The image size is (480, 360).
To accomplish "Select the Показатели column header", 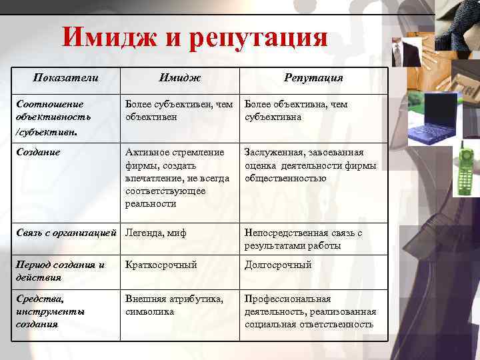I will [66, 78].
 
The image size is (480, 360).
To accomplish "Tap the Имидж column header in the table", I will [179, 79].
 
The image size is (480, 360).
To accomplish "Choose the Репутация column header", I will [313, 79].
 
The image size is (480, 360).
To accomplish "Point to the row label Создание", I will [38, 152].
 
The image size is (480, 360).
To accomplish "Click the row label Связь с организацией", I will [67, 233].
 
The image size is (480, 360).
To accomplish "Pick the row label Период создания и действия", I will [60, 271].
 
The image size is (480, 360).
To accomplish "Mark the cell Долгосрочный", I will [278, 265].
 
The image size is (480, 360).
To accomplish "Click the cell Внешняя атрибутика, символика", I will [174, 305].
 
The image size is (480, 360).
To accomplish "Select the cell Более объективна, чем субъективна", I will [296, 111].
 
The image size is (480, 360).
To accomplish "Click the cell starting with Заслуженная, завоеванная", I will [310, 165].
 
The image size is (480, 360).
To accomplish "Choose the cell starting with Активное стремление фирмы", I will [177, 177].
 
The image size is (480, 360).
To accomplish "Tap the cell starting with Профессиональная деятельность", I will [310, 311].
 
